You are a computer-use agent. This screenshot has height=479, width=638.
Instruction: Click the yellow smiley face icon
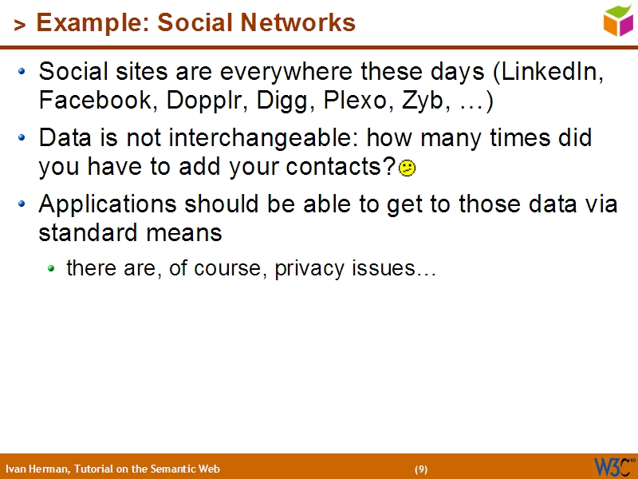407,168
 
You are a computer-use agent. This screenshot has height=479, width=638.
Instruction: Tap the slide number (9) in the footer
421,469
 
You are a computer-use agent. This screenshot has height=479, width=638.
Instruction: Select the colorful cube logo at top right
618,20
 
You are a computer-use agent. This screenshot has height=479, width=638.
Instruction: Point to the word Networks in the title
306,23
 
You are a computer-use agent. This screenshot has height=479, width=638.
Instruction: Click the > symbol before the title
20,26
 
